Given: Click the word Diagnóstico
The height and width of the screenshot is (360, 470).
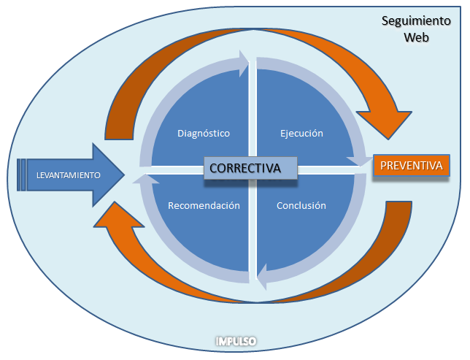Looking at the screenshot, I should point(204,134).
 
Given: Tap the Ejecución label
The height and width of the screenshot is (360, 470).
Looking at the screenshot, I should point(301,134).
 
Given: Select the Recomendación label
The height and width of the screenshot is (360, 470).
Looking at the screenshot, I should point(204,206).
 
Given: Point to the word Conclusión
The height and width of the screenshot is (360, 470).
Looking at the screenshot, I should point(301,206).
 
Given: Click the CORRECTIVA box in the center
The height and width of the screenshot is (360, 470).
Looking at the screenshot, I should point(245,168).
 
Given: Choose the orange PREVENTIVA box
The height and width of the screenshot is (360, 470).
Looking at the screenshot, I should point(411,166).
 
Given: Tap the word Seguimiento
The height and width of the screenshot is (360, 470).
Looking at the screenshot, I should point(416,21).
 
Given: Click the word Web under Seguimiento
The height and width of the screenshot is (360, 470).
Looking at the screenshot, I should point(417,37).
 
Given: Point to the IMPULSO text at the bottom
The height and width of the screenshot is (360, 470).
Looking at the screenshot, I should point(236,341).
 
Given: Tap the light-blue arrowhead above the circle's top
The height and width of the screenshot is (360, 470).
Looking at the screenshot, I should point(242,63).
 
